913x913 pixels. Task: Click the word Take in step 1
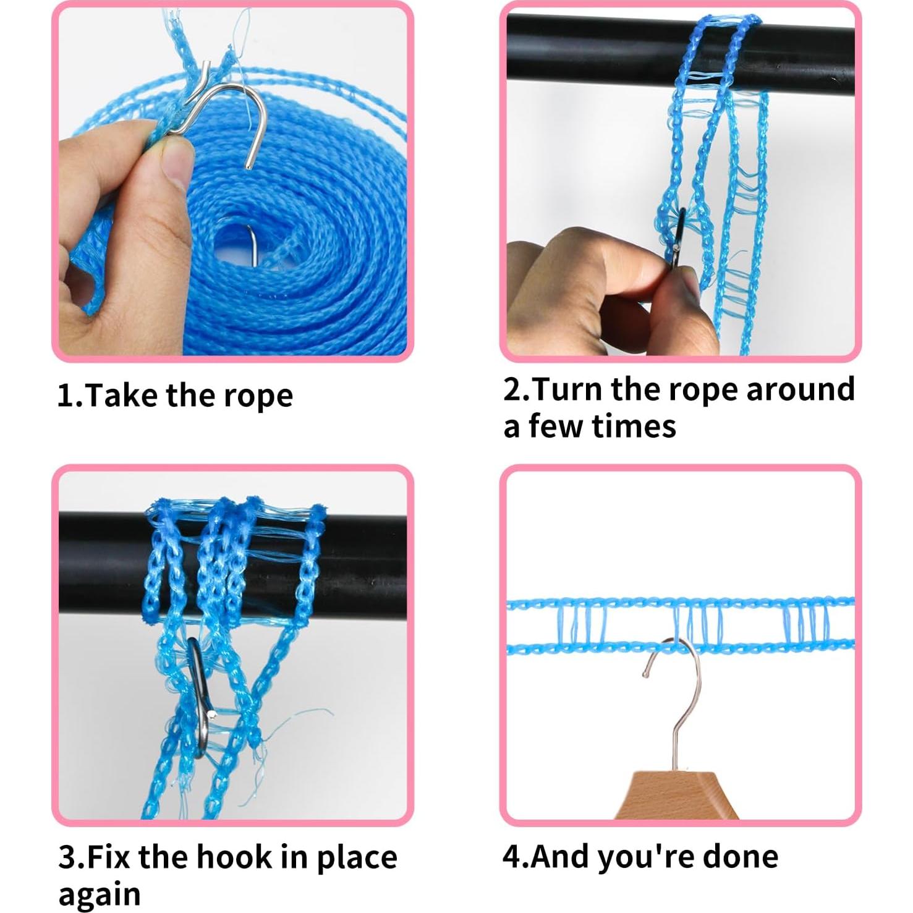[x=122, y=395]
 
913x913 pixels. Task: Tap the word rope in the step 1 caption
[x=258, y=397]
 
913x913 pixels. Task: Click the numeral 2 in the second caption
[x=512, y=389]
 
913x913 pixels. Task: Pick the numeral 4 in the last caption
[x=513, y=856]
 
